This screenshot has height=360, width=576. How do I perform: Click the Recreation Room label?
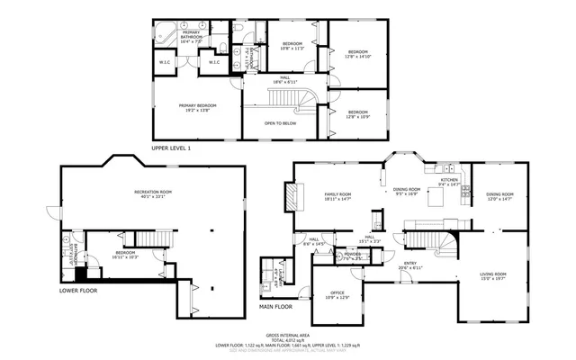[x=153, y=193]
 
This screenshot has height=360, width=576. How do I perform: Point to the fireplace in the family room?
[x=290, y=195]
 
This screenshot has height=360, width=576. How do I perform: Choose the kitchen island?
[x=436, y=198]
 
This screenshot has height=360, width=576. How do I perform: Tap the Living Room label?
[x=492, y=275]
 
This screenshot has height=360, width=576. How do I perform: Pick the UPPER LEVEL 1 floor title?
[x=170, y=147]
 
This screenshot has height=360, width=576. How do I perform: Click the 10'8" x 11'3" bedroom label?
[x=292, y=45]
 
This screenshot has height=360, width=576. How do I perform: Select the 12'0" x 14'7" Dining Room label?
[x=499, y=195]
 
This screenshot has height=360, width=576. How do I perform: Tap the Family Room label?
[x=337, y=195]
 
